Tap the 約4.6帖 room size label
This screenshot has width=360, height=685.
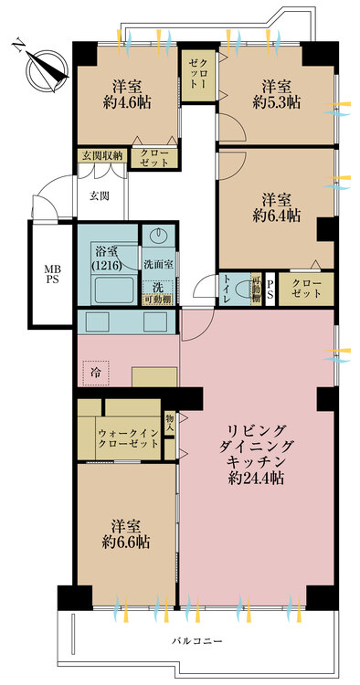tap(125, 103)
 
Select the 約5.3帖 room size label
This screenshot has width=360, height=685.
tap(276, 103)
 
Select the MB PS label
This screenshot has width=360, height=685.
tap(50, 274)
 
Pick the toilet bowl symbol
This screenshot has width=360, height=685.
tap(242, 291)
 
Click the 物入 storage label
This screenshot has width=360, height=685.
tap(170, 421)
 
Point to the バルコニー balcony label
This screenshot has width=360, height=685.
tap(197, 642)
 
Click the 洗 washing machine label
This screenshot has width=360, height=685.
tap(157, 285)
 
